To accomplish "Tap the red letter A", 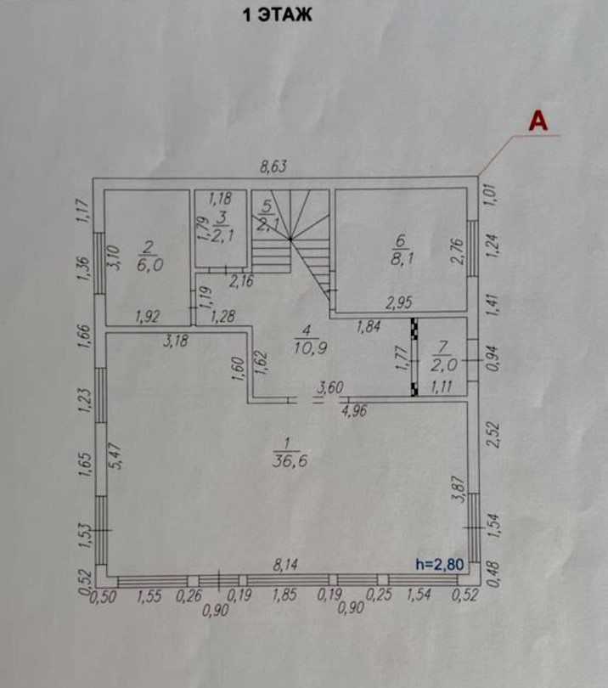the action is (x=538, y=121).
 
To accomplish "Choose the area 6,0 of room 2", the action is (x=149, y=265).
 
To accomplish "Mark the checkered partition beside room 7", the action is (x=414, y=357).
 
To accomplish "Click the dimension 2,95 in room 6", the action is (x=399, y=303).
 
